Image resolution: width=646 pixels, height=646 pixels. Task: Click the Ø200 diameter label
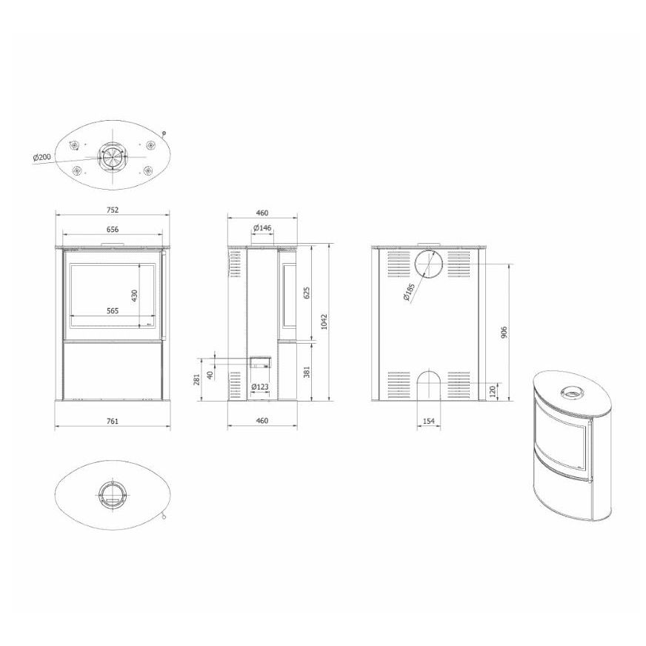click(x=41, y=157)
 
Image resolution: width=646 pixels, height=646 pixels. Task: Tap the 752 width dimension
click(x=113, y=210)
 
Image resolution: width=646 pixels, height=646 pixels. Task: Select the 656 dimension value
click(x=113, y=229)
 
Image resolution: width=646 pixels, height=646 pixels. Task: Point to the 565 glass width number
click(x=113, y=310)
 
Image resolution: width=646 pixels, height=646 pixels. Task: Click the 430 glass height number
click(x=134, y=296)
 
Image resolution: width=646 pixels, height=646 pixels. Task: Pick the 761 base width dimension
click(x=113, y=421)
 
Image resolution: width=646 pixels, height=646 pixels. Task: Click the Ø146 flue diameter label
click(x=262, y=227)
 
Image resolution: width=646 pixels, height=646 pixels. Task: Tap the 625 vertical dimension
click(x=306, y=293)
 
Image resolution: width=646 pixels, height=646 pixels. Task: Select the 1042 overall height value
click(x=324, y=322)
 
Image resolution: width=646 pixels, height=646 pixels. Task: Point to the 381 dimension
click(x=306, y=372)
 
